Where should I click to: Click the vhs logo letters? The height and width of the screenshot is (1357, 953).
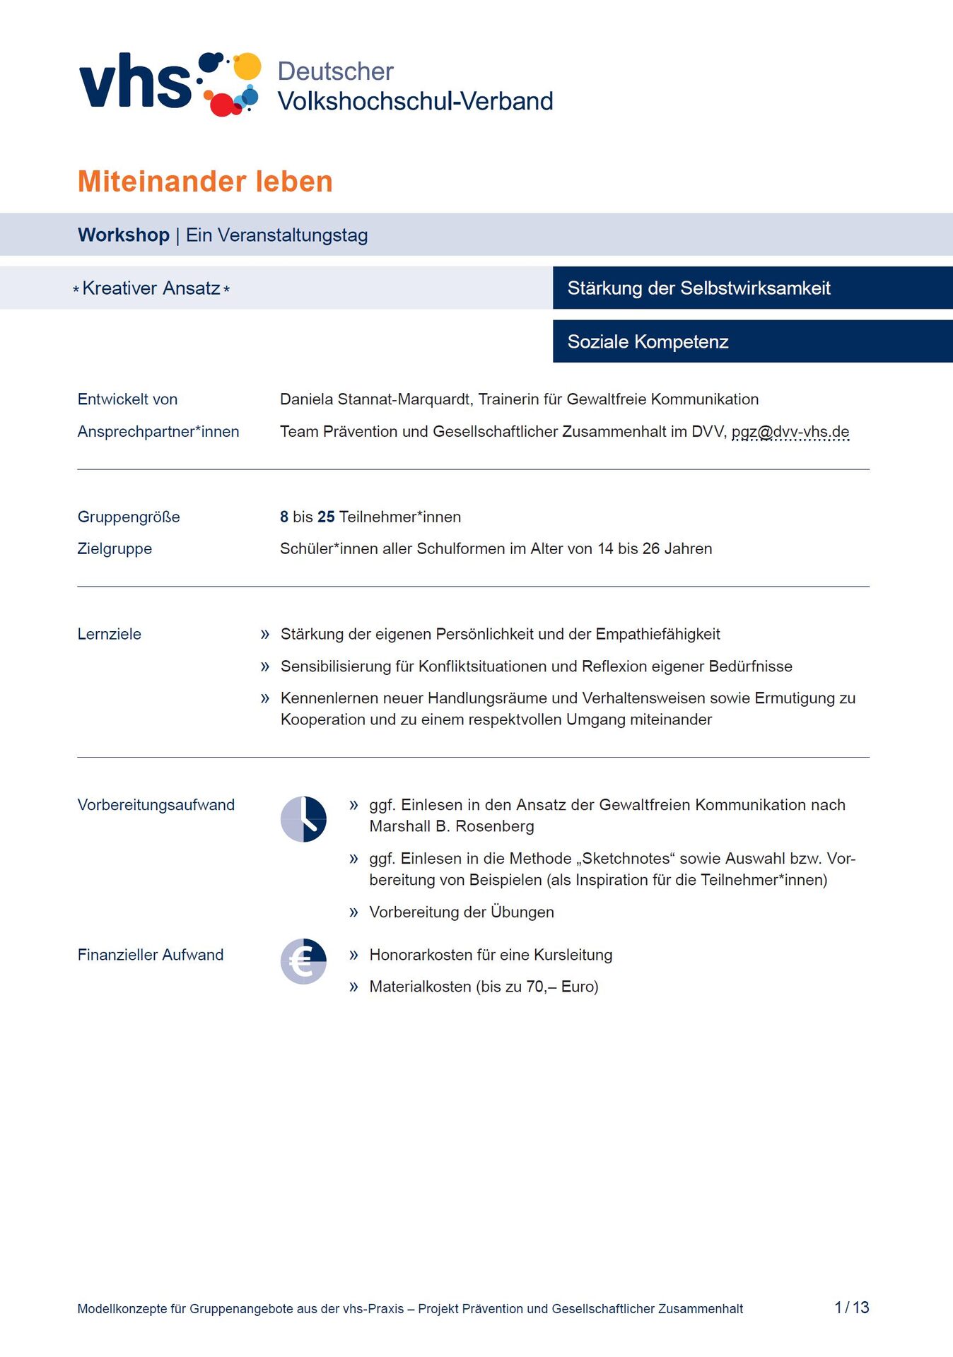coord(134,83)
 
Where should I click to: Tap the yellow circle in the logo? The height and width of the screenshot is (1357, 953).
coord(247,66)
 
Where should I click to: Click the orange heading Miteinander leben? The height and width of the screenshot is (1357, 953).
coord(205,182)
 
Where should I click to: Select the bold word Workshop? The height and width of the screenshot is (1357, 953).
coord(124,235)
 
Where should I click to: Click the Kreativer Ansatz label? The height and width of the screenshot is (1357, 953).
coord(151,288)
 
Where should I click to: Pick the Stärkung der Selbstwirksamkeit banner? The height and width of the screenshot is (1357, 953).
coord(698,288)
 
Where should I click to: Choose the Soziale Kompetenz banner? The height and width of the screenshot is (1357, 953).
coord(648,342)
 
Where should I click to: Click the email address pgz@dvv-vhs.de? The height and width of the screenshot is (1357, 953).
coord(790,432)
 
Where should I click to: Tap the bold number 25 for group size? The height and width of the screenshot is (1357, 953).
coord(326,517)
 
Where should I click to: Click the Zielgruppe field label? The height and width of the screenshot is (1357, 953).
coord(115,549)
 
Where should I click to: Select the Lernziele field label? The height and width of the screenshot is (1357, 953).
coord(110,635)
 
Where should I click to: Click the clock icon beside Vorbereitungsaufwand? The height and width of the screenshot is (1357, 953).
coord(303,819)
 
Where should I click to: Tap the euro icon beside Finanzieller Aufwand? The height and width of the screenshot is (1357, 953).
coord(303,961)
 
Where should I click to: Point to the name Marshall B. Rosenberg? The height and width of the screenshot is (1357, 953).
coord(452,826)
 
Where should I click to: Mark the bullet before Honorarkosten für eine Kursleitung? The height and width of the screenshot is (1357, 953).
coord(353,956)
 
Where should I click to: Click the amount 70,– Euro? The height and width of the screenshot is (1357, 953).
coord(561,987)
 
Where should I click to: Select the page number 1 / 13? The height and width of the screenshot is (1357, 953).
coord(851,1308)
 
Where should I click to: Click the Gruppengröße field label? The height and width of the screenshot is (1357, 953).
coord(129,517)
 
